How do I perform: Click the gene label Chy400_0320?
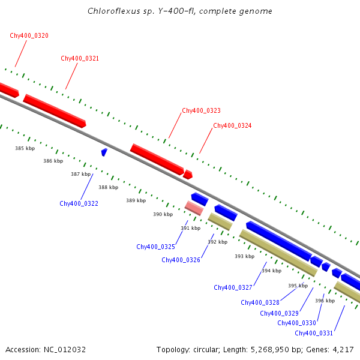pos(29,35)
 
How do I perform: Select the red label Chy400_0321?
pos(80,58)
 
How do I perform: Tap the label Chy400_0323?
pos(201,110)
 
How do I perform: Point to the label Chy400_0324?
pos(232,125)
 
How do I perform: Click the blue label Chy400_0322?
pos(79,203)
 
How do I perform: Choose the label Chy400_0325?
pos(155,247)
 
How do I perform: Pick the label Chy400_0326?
pos(181,260)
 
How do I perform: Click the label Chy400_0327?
pos(233,287)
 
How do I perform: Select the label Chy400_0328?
pos(260,302)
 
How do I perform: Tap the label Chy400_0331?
pos(314,333)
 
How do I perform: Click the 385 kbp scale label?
pos(25,148)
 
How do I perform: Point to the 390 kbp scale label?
pos(163,214)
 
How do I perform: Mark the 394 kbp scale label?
pos(271,271)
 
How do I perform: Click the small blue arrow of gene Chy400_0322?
pos(104,152)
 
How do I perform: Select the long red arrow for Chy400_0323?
pos(157,160)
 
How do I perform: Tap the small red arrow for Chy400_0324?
pos(188,175)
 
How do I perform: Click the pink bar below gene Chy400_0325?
pos(194,208)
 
